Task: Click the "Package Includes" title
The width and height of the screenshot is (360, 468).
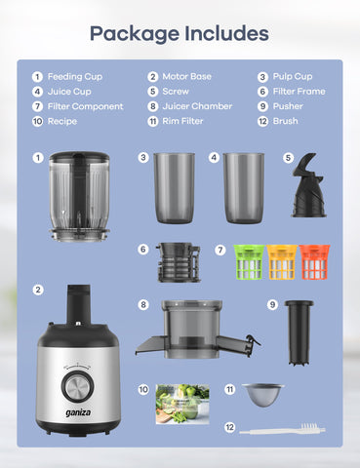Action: pos(180,33)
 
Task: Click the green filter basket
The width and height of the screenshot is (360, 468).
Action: pos(249,262)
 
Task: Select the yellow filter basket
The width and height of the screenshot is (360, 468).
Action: pos(282,262)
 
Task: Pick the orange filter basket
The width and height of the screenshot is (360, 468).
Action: pos(314,262)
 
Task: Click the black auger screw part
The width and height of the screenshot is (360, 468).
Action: pos(309,186)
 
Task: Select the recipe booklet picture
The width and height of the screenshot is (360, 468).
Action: pos(182,403)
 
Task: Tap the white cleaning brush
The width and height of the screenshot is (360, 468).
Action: pos(276,428)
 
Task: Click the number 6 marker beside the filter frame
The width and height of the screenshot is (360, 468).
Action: pos(142,250)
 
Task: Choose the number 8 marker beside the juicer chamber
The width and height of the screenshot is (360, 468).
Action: pos(142,305)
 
